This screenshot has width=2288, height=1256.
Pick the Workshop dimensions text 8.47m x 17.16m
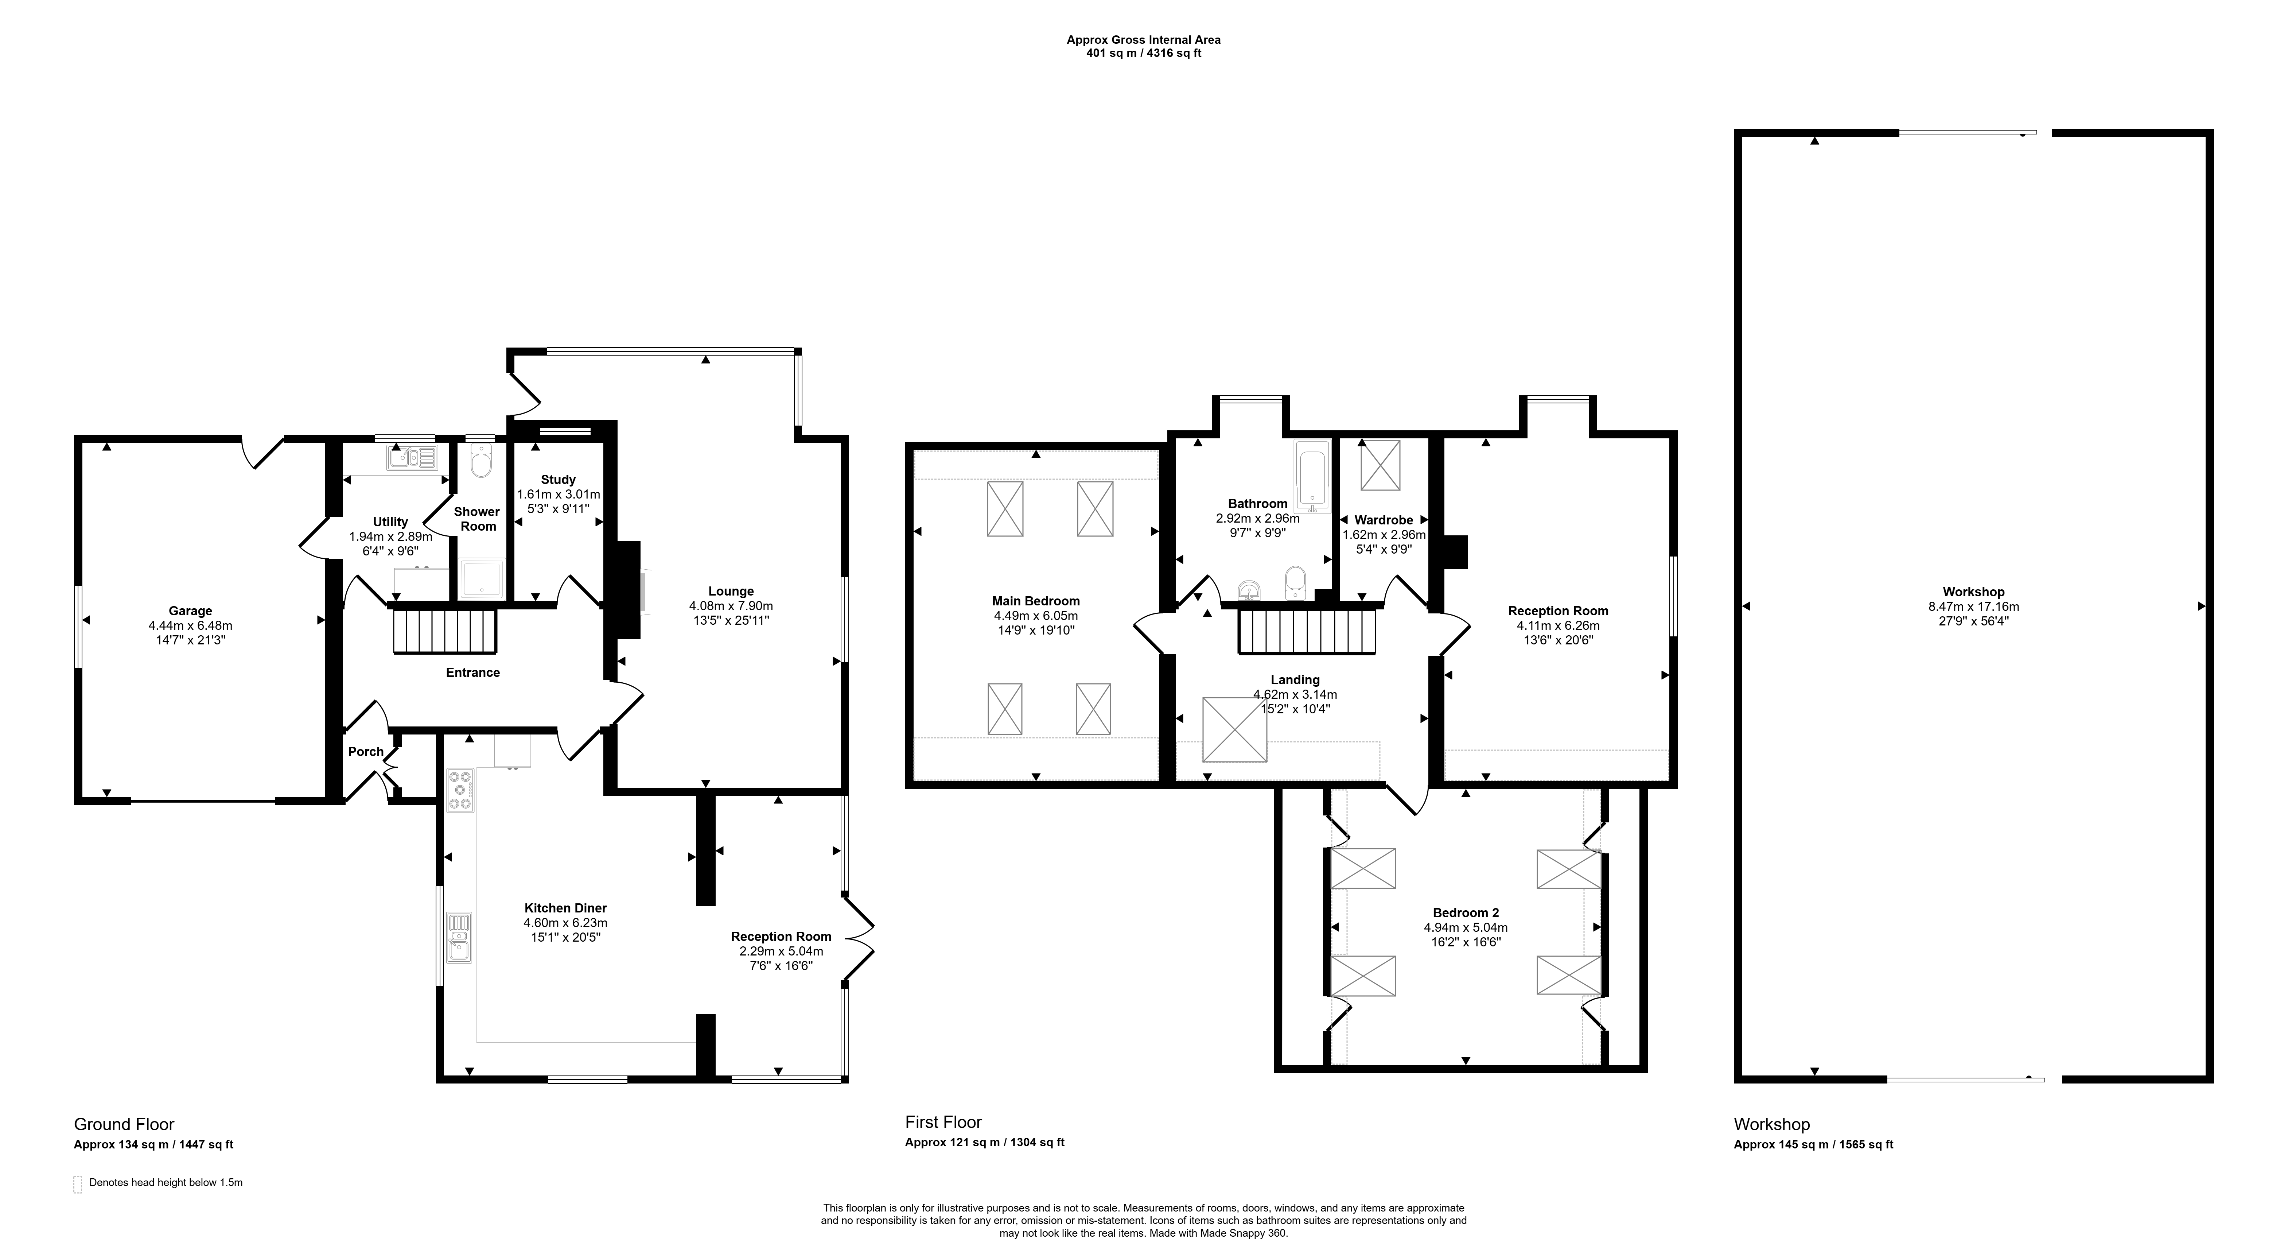[x=1973, y=607]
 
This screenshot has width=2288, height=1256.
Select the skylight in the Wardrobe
[x=1380, y=465]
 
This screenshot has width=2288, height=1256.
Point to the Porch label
[x=366, y=752]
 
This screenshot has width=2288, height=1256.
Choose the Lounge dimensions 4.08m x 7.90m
[x=731, y=606]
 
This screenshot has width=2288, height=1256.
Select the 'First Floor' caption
[x=943, y=1122]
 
